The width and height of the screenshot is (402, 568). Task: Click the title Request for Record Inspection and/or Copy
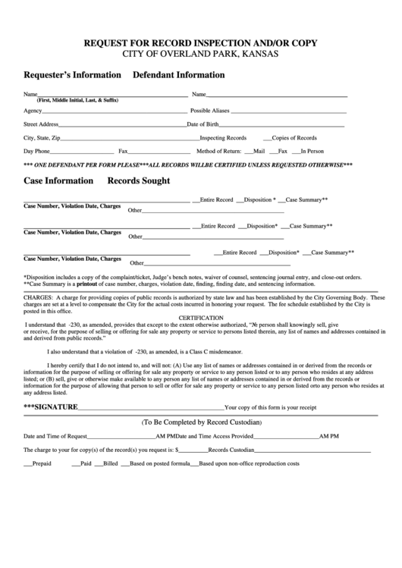click(200, 43)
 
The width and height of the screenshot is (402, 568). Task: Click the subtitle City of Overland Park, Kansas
click(200, 55)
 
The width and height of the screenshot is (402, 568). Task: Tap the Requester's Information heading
click(73, 76)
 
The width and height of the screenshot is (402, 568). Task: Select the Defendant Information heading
click(178, 76)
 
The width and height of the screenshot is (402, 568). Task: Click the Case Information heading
click(58, 181)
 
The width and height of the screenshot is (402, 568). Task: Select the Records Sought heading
click(139, 181)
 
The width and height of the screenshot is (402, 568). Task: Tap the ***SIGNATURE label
click(52, 407)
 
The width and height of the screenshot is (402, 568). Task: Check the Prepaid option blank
click(28, 464)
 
